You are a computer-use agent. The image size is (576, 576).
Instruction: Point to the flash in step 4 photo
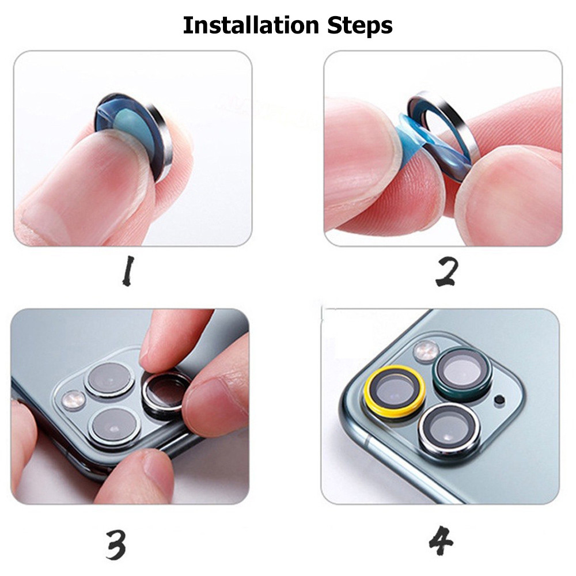[426, 351]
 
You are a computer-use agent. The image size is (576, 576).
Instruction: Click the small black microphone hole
[499, 399]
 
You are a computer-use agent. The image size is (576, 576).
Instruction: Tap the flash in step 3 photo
[74, 397]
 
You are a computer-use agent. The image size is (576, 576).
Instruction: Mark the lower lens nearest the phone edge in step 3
[116, 426]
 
